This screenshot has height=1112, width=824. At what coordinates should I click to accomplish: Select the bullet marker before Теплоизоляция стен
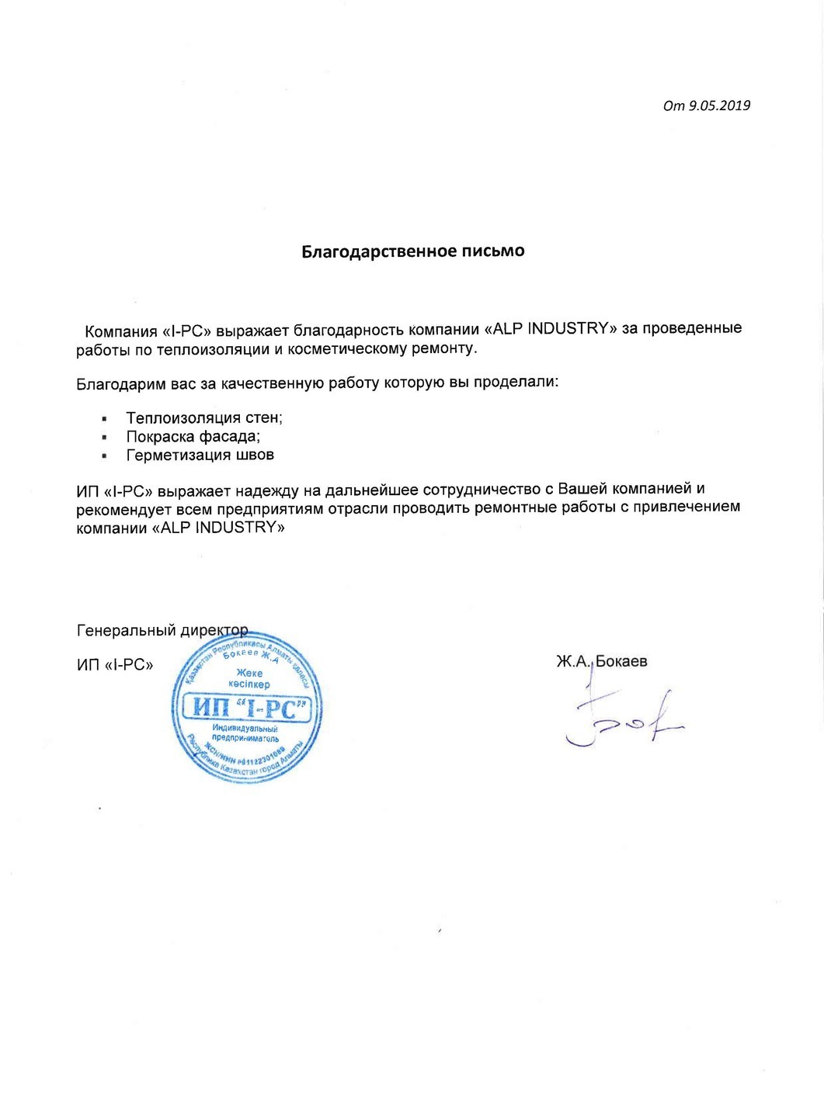point(103,419)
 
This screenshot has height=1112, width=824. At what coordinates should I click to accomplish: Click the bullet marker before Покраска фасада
point(103,438)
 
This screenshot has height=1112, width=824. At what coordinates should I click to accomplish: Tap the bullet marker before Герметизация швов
point(103,456)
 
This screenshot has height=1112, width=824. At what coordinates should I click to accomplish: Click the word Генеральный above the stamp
point(127,631)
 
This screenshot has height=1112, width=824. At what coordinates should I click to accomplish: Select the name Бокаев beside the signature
point(621,662)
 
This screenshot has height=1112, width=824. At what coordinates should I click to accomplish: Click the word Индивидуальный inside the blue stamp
point(245,729)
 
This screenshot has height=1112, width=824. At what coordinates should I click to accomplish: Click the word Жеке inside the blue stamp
point(249,674)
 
